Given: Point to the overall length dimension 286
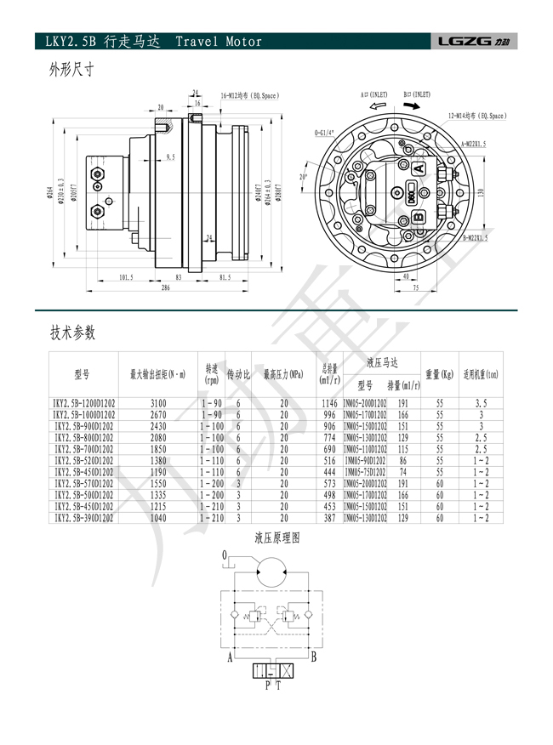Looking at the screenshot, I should point(165,288).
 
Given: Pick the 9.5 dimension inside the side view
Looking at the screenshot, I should point(170,157).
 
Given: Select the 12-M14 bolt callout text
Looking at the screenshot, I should point(477,115).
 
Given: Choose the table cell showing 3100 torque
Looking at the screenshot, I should point(158,402).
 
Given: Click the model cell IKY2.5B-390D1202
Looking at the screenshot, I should point(83,517).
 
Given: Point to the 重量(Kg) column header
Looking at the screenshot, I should point(440,373).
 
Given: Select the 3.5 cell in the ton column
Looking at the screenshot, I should point(482,402).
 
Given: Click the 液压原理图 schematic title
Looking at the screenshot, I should point(277,538).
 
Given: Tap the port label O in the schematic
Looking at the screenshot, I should point(225,554).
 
